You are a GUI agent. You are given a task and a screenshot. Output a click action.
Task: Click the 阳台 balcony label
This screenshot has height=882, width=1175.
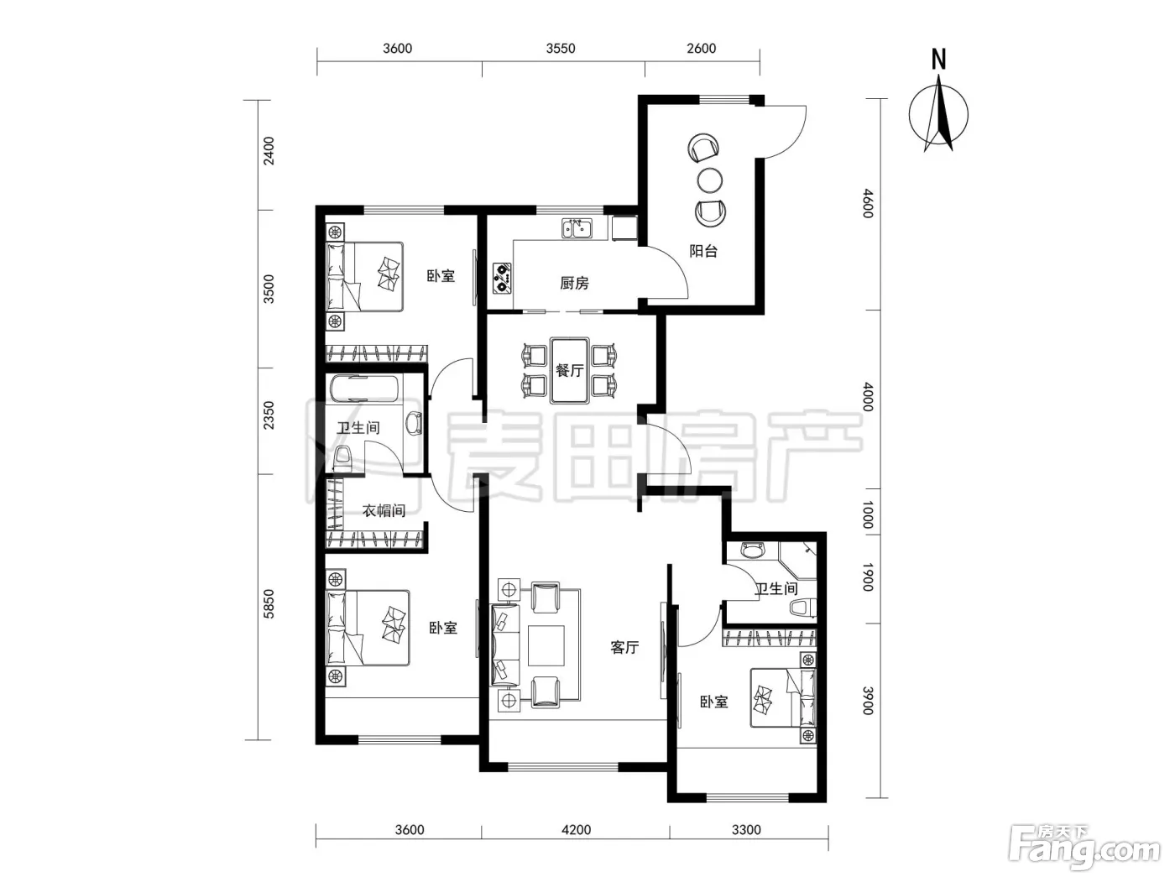tap(702, 251)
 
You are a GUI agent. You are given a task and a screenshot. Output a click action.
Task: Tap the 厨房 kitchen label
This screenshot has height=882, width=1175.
tap(574, 283)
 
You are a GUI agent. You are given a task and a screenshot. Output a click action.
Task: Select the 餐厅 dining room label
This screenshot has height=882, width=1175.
tap(570, 370)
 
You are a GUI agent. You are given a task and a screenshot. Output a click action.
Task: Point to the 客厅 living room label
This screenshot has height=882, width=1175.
tap(624, 648)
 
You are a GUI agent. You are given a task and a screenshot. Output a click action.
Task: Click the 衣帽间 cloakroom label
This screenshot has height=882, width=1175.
tap(384, 510)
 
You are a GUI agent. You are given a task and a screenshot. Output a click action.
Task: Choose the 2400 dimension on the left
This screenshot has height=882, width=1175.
tap(269, 151)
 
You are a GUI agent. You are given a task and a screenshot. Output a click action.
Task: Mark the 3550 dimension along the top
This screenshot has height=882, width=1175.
tap(561, 48)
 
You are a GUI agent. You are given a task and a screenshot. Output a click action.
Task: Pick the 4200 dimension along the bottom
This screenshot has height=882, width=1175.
tap(576, 830)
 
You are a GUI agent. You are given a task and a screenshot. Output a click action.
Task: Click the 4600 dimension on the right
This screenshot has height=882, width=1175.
tap(868, 203)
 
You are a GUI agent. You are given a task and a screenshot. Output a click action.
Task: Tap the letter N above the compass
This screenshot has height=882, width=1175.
tap(938, 59)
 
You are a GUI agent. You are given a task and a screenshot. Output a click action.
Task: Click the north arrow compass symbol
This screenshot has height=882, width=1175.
tap(938, 113)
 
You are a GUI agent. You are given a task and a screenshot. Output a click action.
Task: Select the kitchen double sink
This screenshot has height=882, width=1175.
tap(577, 228)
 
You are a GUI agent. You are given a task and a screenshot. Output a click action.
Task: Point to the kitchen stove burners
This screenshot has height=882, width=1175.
tap(502, 279)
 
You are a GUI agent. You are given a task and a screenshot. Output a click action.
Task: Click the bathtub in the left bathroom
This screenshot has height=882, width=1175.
tap(364, 389)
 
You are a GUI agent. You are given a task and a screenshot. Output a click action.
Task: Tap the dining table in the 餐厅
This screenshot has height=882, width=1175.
tap(570, 370)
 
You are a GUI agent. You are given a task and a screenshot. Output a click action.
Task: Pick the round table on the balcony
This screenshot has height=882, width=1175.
tap(709, 180)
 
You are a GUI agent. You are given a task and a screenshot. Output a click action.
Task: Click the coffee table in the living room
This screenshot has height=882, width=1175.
tap(546, 645)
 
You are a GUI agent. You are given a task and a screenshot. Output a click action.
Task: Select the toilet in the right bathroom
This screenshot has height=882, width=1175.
tap(802, 608)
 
